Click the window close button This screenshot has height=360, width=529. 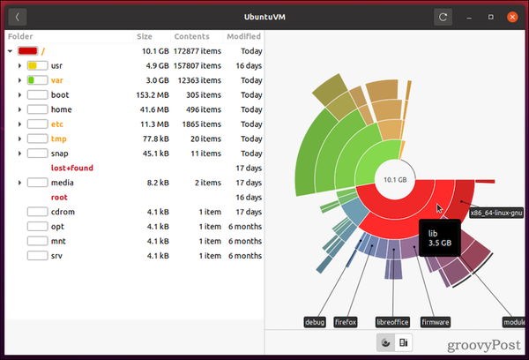tap(512, 17)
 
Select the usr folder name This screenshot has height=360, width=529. tap(56, 65)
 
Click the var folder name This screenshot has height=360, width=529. tap(56, 80)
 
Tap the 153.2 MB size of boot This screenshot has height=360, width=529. tap(151, 95)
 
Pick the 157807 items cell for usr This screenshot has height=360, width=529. tap(192, 65)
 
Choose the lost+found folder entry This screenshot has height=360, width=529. tap(72, 168)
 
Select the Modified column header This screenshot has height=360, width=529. tap(243, 37)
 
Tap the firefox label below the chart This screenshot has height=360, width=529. tap(346, 322)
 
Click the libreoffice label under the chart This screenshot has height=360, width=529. tap(391, 322)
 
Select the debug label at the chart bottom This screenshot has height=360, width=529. tap(315, 322)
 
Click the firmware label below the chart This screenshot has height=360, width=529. tap(436, 322)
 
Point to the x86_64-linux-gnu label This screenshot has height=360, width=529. tap(496, 212)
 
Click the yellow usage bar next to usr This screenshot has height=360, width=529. tap(37, 65)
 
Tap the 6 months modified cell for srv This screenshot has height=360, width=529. tap(244, 255)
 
